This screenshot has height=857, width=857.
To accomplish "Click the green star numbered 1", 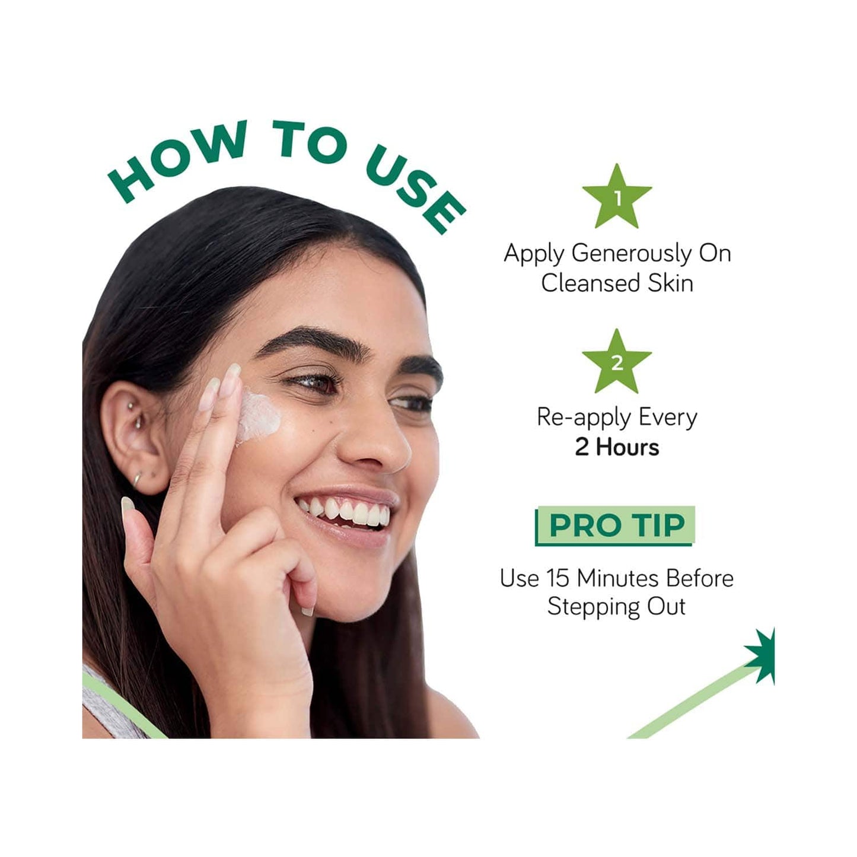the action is (x=617, y=198).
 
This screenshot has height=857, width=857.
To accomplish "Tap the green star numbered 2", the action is (x=617, y=363).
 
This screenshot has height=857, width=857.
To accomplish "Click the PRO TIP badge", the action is (x=615, y=526).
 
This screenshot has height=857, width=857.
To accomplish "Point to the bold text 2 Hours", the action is (x=617, y=447).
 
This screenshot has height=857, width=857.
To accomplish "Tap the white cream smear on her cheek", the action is (x=258, y=416).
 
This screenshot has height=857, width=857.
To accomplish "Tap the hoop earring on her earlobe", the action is (x=138, y=479).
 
